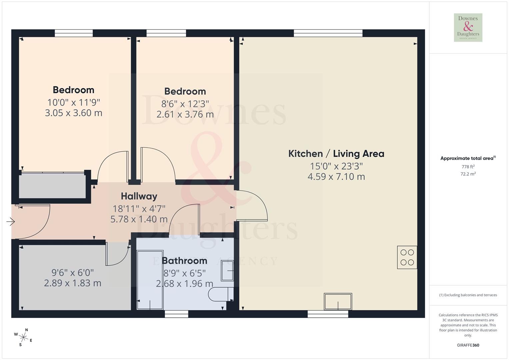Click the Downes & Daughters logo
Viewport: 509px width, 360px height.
[x=468, y=28]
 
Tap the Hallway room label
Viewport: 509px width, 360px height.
[x=139, y=196]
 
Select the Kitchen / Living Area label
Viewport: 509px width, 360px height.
[x=336, y=154]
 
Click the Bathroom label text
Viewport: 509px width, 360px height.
[x=184, y=260]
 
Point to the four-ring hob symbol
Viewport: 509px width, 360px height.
[x=407, y=257]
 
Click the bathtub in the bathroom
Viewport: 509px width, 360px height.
[x=150, y=280]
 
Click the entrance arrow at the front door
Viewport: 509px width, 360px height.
[x=11, y=221]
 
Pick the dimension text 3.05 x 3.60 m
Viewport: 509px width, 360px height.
[x=73, y=113]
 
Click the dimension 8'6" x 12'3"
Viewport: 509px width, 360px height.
[x=185, y=104]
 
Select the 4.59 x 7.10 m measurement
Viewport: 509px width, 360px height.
[x=336, y=177]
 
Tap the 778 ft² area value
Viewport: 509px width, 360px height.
[x=468, y=167]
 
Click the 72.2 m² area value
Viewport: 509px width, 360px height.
[x=468, y=174]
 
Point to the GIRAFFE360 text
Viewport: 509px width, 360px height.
[x=468, y=345]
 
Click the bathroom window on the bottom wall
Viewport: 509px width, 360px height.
[x=176, y=314]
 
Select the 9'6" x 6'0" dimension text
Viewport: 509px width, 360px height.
[x=73, y=273]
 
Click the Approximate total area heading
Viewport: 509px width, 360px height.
[x=468, y=158]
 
